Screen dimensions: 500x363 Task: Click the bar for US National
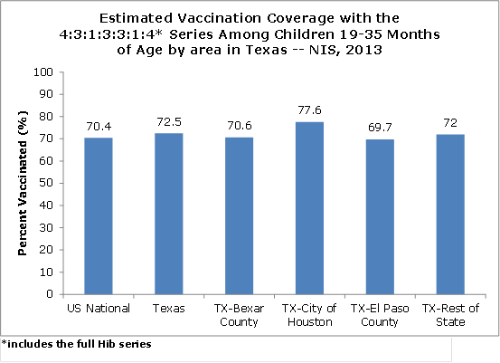99,215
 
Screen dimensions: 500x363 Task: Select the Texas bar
169,214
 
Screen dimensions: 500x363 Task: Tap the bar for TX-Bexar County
240,215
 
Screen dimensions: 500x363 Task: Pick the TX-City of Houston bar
309,208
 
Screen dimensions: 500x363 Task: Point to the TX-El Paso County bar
380,216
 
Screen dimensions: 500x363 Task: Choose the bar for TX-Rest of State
450,215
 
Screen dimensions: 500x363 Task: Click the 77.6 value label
309,110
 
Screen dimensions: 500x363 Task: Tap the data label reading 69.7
380,128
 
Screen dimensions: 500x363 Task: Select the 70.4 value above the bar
99,127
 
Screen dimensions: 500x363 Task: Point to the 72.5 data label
169,121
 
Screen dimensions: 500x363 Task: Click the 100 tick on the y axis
43,72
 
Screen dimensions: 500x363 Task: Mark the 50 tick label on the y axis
46,183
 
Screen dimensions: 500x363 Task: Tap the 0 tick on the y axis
50,293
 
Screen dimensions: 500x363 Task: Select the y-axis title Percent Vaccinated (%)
23,183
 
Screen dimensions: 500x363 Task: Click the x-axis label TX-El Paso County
380,315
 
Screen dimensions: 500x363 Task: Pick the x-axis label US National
99,309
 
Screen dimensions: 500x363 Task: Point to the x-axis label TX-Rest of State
450,315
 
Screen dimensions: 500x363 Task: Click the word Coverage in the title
301,18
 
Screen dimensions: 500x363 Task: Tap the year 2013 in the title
363,50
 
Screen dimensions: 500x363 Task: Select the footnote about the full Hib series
76,344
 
